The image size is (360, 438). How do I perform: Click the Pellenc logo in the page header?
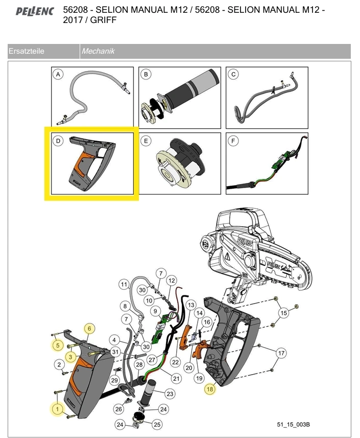34,11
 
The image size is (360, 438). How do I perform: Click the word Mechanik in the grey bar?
98,51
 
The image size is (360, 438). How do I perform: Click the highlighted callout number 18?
210,389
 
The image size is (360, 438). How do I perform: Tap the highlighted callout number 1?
58,409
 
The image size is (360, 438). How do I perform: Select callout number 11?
124,284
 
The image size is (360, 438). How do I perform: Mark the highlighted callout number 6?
89,328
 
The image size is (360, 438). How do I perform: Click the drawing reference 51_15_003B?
294,425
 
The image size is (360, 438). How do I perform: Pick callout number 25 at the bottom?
157,424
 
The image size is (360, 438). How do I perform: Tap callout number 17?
281,353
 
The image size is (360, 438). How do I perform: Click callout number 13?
190,305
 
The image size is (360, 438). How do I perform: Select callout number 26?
118,409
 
